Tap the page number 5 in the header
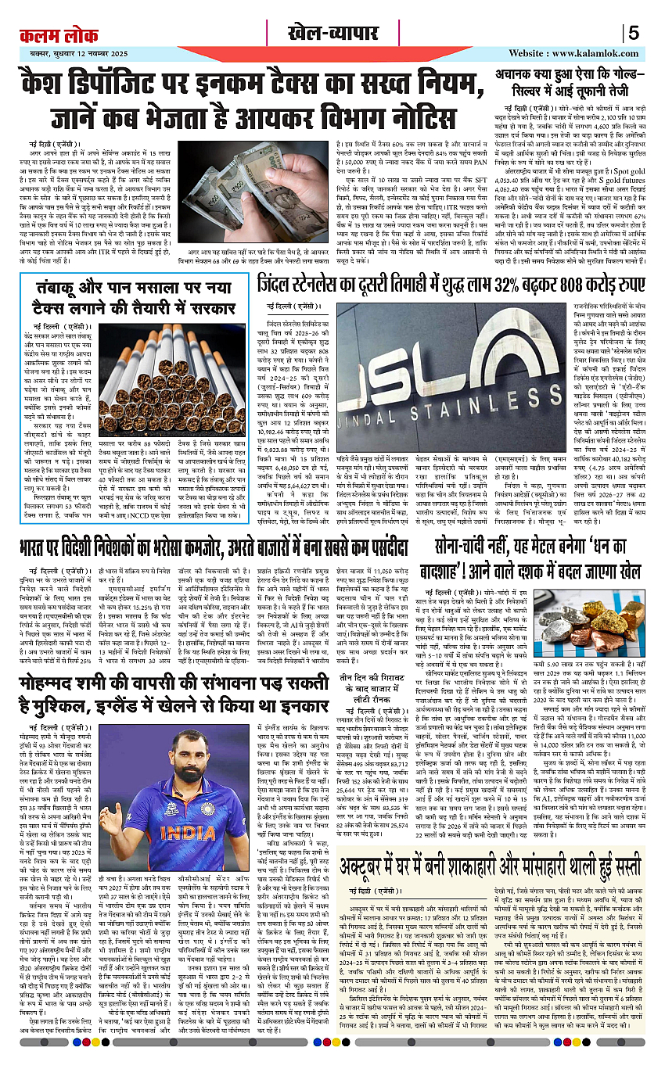[x=633, y=34]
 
